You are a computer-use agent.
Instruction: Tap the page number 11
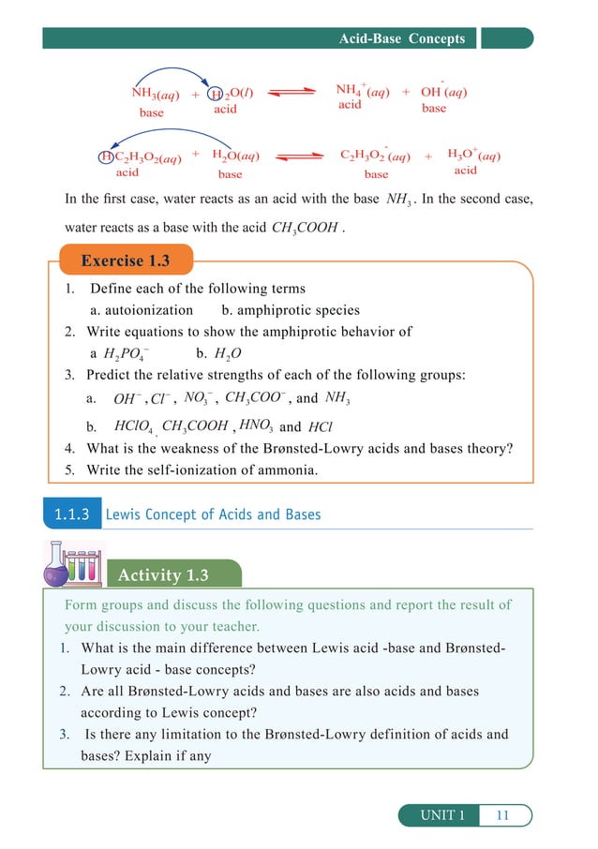click(502, 815)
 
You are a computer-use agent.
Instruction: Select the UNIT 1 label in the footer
click(441, 815)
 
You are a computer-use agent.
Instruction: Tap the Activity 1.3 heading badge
click(164, 575)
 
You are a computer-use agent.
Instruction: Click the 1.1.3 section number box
click(71, 514)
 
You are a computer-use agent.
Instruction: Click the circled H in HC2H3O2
click(106, 156)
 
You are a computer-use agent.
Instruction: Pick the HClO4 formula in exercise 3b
click(133, 426)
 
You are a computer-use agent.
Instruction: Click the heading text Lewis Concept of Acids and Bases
click(213, 514)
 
